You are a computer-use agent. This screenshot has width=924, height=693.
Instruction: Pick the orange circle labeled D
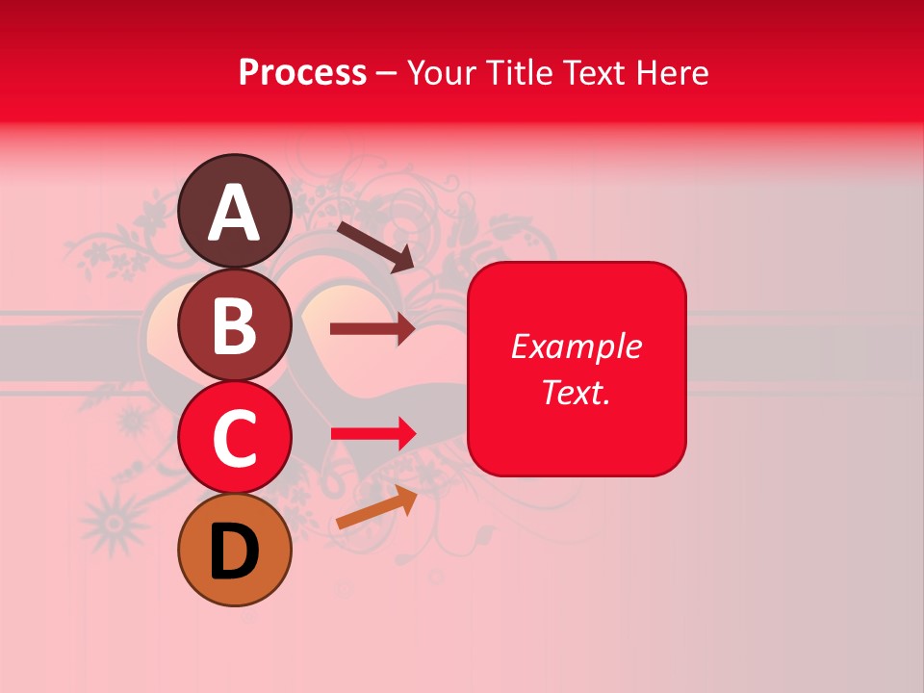pos(235,550)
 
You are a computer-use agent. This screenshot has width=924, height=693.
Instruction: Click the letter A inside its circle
pos(235,213)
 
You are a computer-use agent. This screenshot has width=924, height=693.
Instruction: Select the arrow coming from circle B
pos(372,329)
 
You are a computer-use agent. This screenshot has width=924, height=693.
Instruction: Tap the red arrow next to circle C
pos(373,434)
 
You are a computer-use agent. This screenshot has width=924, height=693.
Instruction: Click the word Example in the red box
pos(576,346)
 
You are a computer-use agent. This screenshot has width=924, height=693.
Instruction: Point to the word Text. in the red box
pos(576,392)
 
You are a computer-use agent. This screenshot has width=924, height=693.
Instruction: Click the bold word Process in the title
pos(302,73)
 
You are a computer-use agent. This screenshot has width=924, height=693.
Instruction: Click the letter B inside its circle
pos(234,325)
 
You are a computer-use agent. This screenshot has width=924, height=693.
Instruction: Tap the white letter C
pos(235,439)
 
